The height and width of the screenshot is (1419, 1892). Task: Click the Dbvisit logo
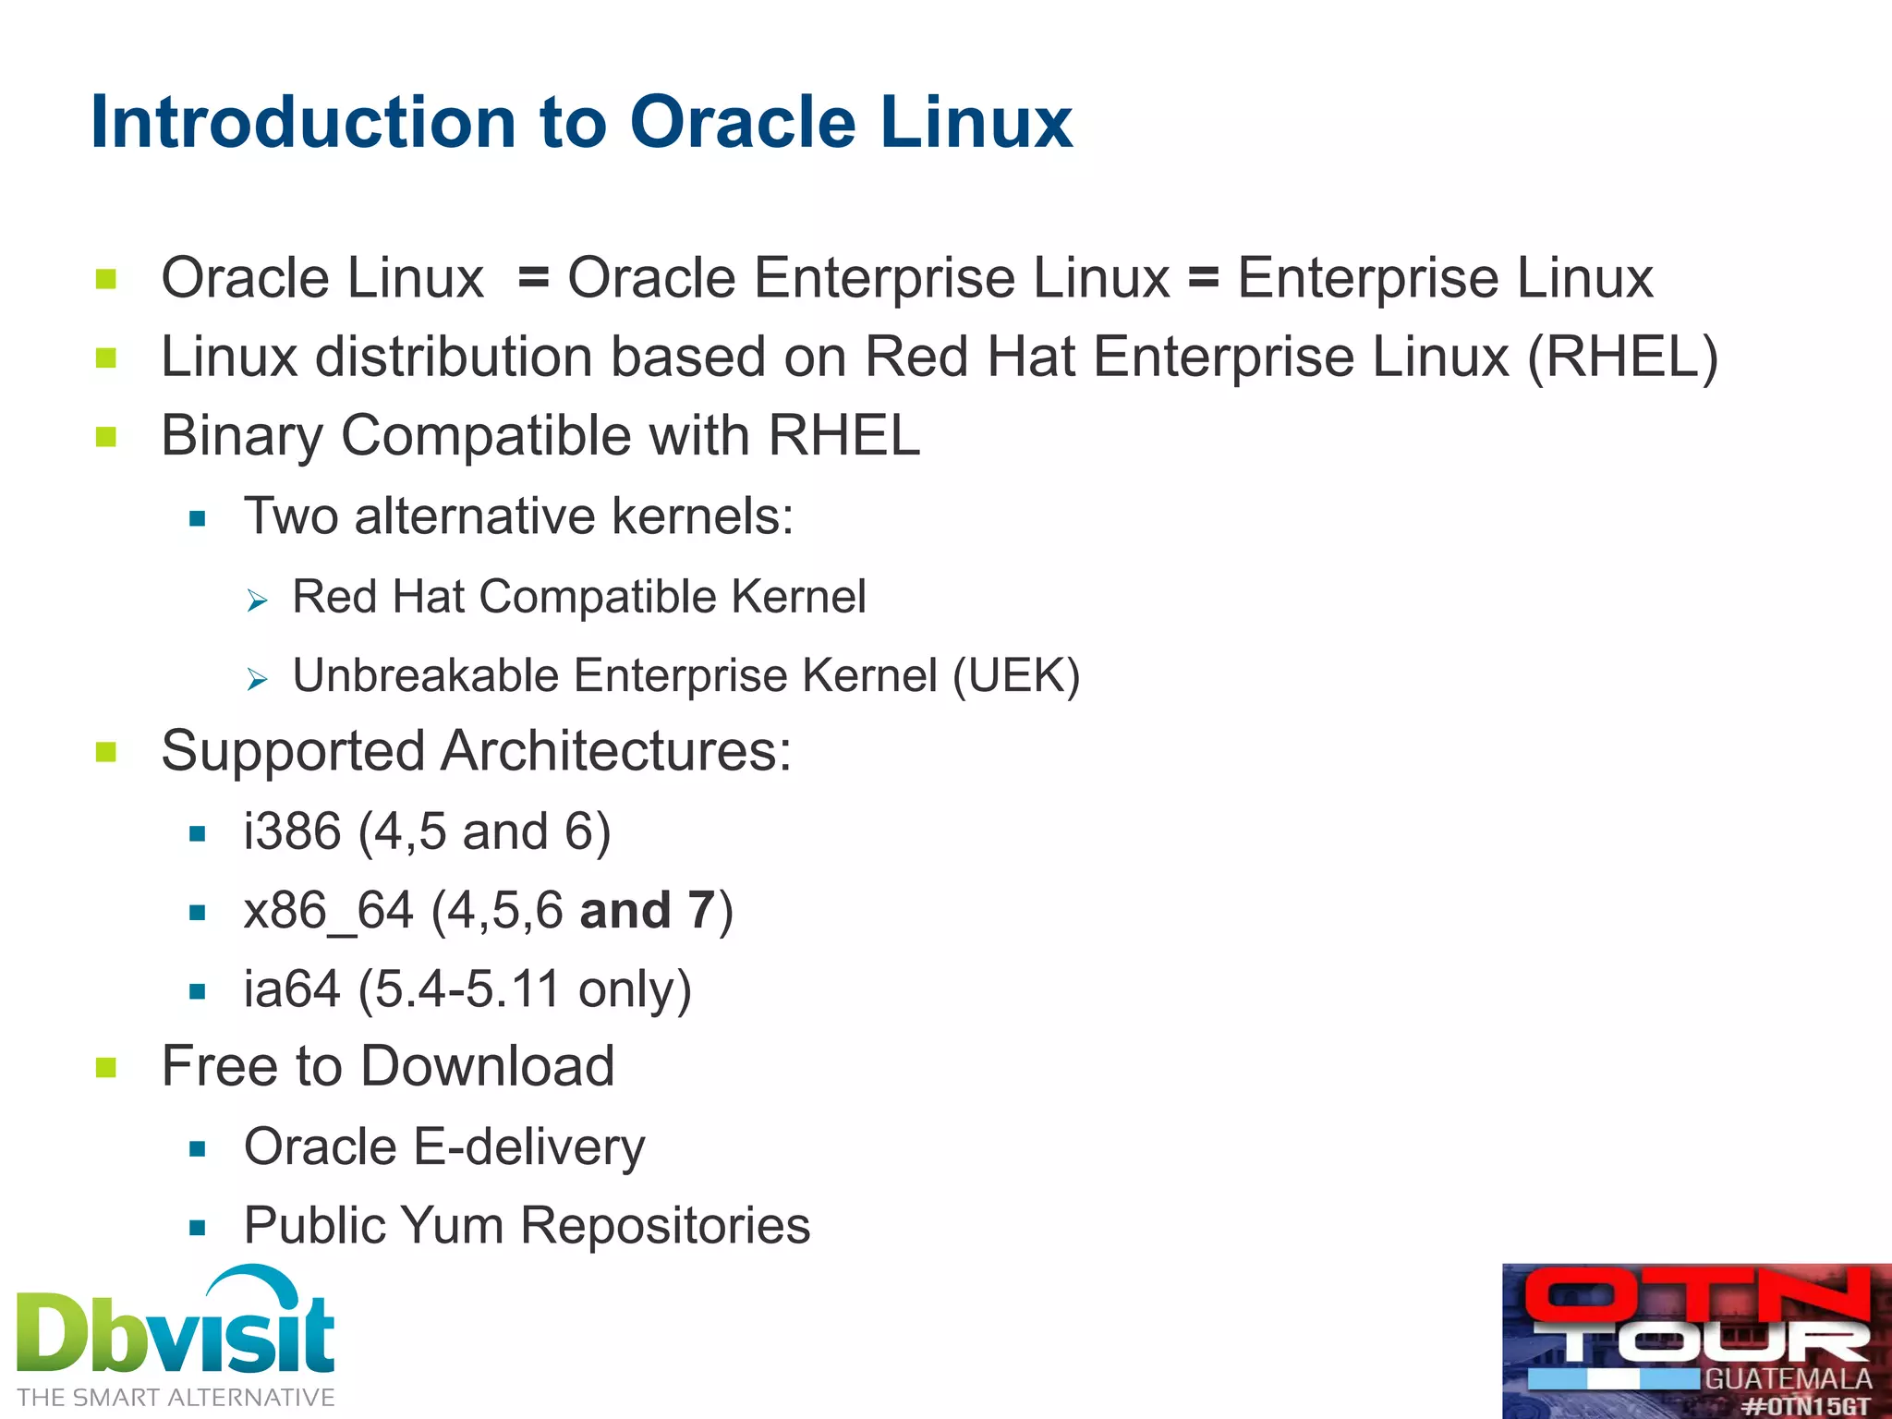[176, 1330]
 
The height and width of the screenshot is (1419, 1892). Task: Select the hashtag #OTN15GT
[1806, 1406]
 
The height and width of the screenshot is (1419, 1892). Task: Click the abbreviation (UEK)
[1015, 675]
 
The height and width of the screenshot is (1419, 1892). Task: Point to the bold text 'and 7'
[647, 911]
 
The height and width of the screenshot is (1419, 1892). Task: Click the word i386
[292, 831]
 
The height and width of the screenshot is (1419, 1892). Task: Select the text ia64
[292, 989]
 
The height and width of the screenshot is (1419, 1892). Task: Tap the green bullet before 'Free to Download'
[106, 1068]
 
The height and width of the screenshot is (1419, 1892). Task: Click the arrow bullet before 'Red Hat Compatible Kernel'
[257, 601]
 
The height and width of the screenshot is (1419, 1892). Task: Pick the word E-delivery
[528, 1147]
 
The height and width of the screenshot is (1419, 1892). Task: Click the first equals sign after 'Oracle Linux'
[534, 278]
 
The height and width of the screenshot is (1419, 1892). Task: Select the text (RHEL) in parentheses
[1622, 358]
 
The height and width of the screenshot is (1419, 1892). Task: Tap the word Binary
[241, 436]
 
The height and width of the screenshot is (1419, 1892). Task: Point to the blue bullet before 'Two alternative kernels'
[197, 519]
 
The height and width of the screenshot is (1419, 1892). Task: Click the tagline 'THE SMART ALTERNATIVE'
[176, 1398]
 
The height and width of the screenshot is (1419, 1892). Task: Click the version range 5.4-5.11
[467, 989]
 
